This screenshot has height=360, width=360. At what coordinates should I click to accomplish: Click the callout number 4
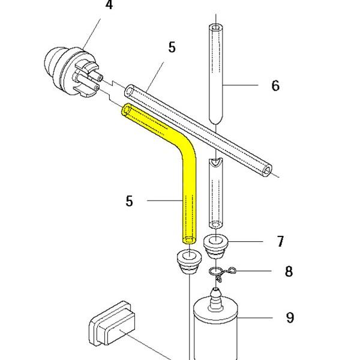109,5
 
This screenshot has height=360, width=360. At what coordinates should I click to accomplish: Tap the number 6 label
275,85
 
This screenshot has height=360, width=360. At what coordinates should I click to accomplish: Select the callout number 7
280,241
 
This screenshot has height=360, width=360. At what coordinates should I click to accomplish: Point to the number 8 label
289,271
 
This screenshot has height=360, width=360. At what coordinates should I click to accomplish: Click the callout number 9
290,318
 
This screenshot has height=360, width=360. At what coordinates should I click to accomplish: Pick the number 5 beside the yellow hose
129,201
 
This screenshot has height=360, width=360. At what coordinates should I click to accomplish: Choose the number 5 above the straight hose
172,47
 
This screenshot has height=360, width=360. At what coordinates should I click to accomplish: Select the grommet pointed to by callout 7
216,247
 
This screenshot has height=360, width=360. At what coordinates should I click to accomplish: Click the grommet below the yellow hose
189,262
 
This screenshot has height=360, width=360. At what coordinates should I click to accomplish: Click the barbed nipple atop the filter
215,298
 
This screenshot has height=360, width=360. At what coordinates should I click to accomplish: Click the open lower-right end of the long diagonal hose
267,171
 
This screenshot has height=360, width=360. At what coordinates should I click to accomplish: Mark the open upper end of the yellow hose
126,110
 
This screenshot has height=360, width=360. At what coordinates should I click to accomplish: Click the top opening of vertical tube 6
216,28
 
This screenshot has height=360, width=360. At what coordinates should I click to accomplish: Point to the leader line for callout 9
255,318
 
